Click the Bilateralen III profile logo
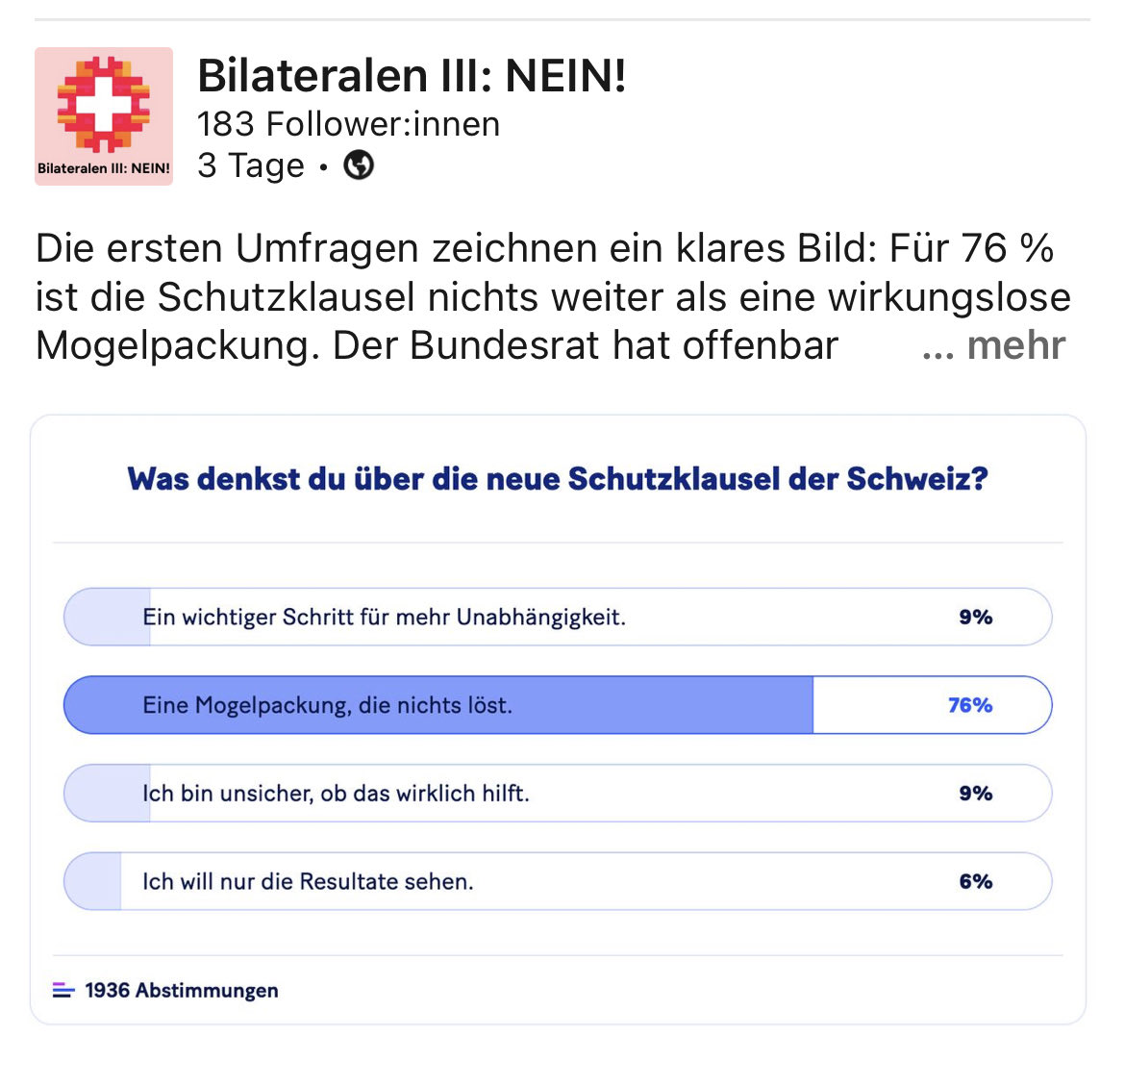click(104, 115)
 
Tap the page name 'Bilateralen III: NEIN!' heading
click(412, 76)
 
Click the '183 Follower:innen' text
click(348, 124)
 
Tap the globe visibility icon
click(359, 166)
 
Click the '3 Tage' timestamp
click(250, 166)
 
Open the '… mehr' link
click(993, 345)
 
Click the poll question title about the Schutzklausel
click(558, 479)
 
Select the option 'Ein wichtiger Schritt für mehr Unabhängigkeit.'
click(384, 618)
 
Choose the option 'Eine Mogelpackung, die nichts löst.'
click(327, 705)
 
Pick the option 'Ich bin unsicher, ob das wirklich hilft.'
click(336, 794)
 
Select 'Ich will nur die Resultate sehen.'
click(308, 882)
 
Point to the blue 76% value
click(970, 705)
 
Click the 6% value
click(975, 882)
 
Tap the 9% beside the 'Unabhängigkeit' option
click(975, 618)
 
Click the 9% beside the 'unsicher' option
click(975, 794)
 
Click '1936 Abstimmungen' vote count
click(182, 991)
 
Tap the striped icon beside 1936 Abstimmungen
click(63, 991)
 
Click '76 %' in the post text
click(1007, 249)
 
